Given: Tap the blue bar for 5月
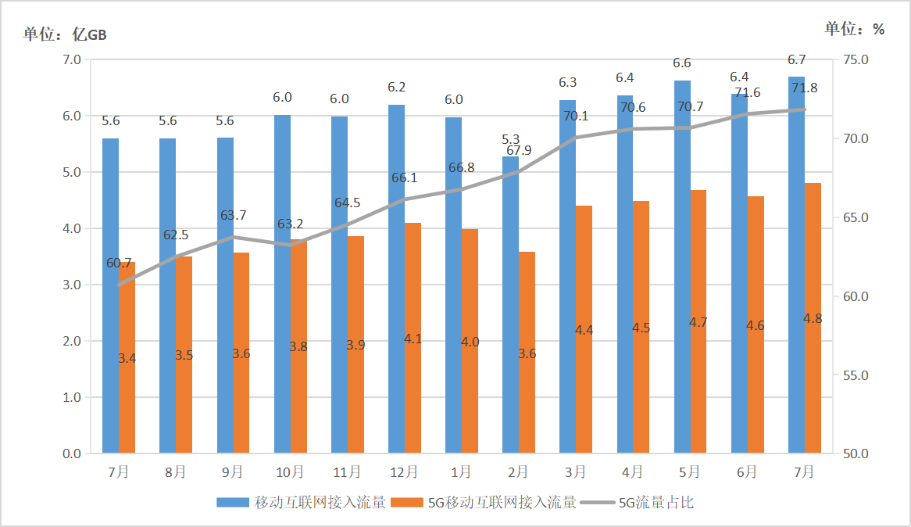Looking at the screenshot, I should (x=682, y=266).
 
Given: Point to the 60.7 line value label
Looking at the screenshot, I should (x=119, y=263).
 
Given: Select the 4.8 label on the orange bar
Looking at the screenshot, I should (x=812, y=318).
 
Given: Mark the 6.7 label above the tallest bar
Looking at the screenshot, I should (x=797, y=60).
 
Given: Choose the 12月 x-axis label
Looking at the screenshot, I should (x=403, y=472).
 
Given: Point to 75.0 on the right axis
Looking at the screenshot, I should (x=864, y=60).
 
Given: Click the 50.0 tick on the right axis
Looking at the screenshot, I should (x=864, y=454).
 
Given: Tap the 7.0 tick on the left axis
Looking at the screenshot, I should (x=72, y=60).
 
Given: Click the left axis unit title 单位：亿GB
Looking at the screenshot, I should (x=65, y=34).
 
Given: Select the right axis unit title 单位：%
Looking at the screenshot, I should (x=855, y=29).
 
